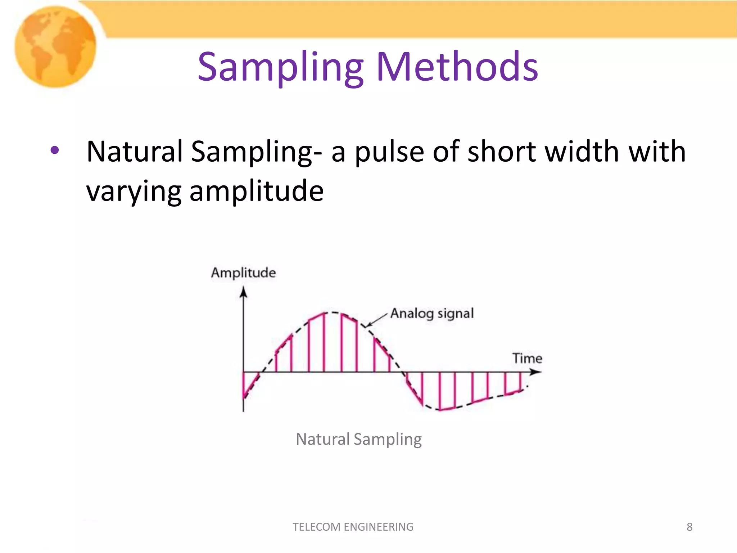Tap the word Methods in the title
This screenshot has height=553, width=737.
pyautogui.click(x=457, y=67)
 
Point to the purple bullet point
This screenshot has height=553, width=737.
pyautogui.click(x=54, y=150)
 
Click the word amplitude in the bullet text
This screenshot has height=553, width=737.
pyautogui.click(x=256, y=191)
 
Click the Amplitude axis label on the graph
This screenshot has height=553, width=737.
pyautogui.click(x=243, y=273)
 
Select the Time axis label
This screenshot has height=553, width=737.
pyautogui.click(x=527, y=358)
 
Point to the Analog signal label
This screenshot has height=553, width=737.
pyautogui.click(x=432, y=314)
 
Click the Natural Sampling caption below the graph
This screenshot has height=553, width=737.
pyautogui.click(x=358, y=439)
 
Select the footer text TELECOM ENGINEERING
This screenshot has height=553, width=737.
pyautogui.click(x=353, y=527)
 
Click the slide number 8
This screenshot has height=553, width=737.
pyautogui.click(x=689, y=527)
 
